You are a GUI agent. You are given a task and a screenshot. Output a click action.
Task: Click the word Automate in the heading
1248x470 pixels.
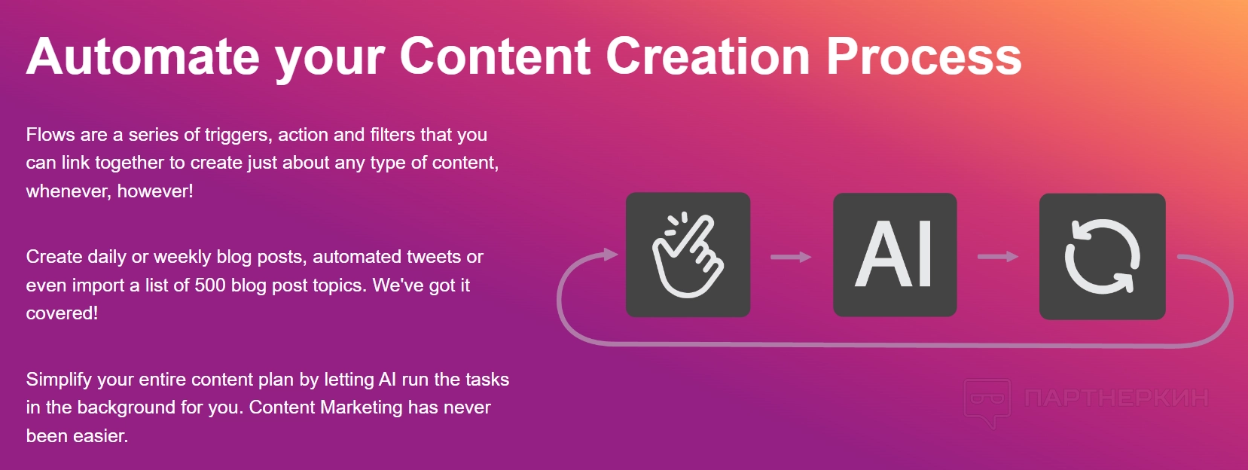click(x=142, y=56)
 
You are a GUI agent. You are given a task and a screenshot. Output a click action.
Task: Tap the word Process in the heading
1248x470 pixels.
click(x=923, y=56)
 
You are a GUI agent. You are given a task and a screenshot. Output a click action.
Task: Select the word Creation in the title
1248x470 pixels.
click(x=707, y=56)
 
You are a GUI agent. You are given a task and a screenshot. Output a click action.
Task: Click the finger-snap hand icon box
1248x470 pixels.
click(x=688, y=255)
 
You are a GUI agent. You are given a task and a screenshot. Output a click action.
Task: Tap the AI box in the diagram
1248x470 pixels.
click(x=895, y=255)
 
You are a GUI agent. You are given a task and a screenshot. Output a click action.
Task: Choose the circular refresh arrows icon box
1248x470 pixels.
click(x=1102, y=256)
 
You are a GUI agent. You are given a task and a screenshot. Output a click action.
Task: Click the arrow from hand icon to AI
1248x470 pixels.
click(x=791, y=257)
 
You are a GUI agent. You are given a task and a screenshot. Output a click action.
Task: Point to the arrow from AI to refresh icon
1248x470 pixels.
click(x=998, y=256)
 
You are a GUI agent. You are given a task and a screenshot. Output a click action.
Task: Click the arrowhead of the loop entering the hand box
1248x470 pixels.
click(x=611, y=255)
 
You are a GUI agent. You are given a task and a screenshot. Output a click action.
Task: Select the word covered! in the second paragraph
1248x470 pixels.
click(x=62, y=313)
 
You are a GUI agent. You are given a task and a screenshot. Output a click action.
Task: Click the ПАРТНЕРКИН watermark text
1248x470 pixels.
click(x=1116, y=398)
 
